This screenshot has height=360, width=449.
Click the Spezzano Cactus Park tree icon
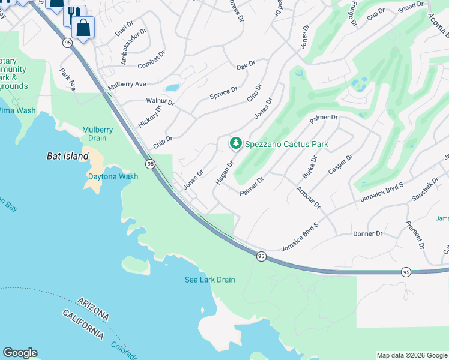pos(236,143)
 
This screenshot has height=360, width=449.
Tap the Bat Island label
pos(68,156)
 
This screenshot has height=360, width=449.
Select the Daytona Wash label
pos(113,176)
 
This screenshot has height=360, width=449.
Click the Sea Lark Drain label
pos(209,280)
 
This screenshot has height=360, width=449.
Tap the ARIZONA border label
pos(93,307)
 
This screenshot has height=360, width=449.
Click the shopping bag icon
pos(83,26)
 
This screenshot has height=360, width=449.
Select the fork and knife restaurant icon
pos(74,14)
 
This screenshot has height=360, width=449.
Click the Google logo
pos(20,353)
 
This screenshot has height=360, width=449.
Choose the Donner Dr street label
pos(367,233)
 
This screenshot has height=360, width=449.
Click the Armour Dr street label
pos(309,197)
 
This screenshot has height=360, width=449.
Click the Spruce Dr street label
pos(223,94)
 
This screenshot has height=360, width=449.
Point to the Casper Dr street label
pos(340,165)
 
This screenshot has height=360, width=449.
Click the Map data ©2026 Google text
pos(412,355)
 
